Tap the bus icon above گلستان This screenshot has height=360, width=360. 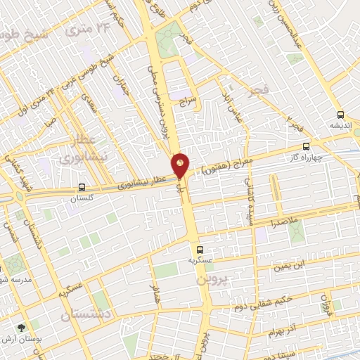coord(82,188)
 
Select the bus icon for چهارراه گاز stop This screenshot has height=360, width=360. coord(306,147)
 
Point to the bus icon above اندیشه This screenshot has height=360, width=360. coord(340,115)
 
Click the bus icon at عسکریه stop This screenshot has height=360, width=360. coord(199,249)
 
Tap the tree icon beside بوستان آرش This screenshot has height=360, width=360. coord(20,327)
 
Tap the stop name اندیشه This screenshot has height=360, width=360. coord(340,124)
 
